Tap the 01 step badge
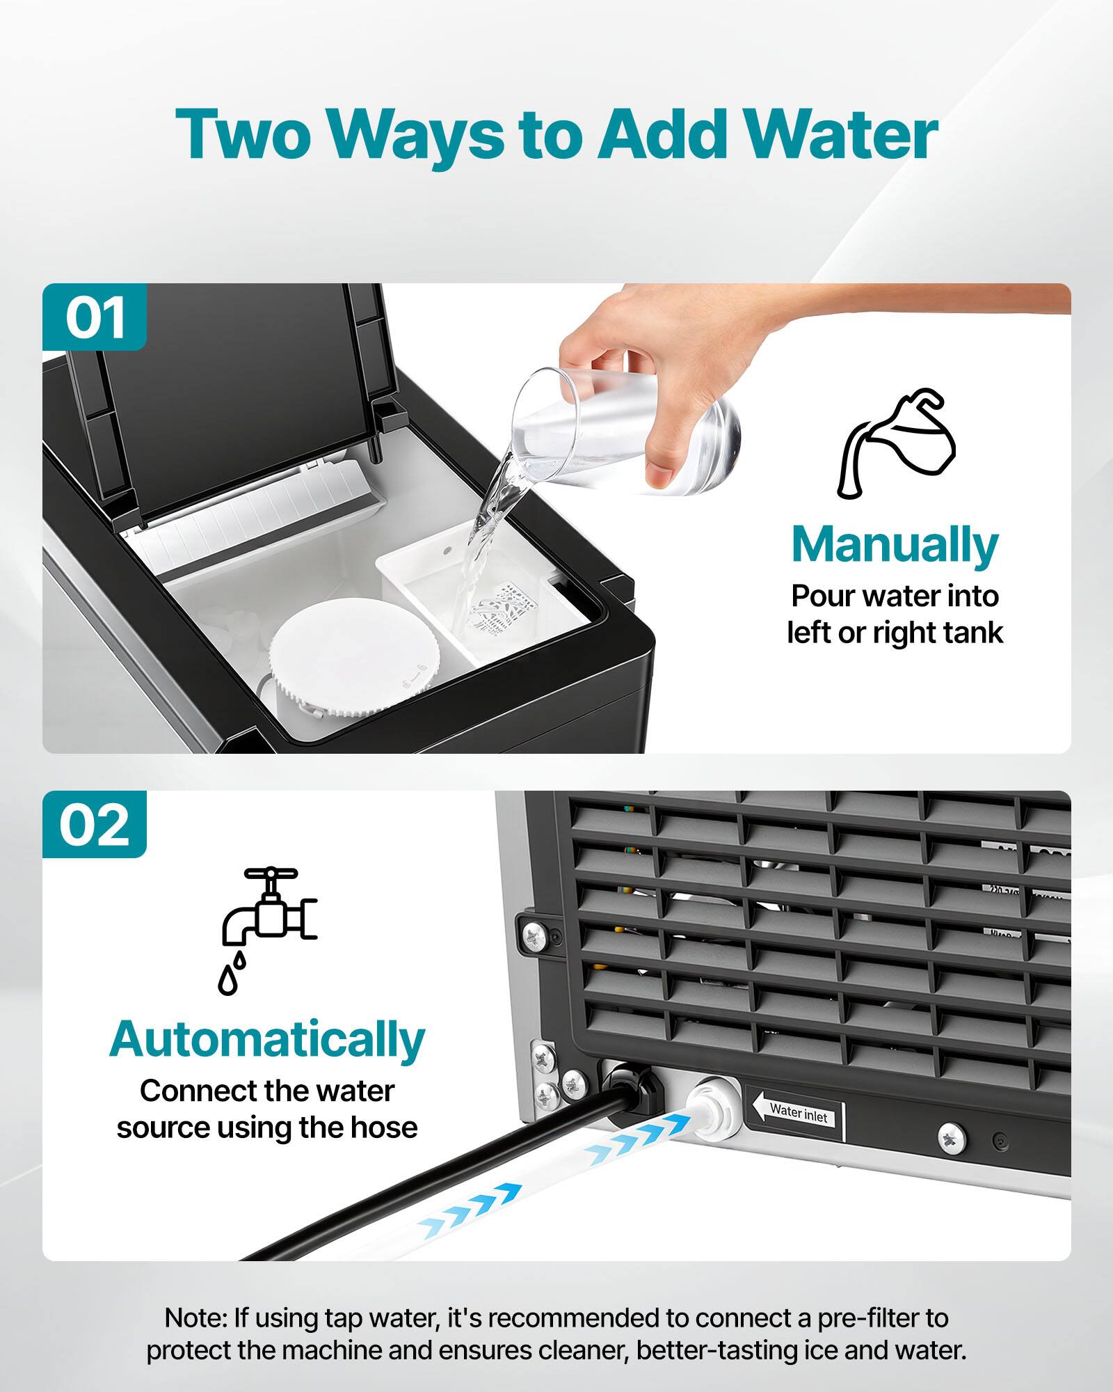[x=95, y=317]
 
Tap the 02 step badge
[x=95, y=825]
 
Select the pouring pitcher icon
[x=896, y=443]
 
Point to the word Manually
[x=895, y=545]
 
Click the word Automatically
[x=267, y=1040]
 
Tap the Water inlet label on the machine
[x=799, y=1114]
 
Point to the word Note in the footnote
[x=195, y=1318]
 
